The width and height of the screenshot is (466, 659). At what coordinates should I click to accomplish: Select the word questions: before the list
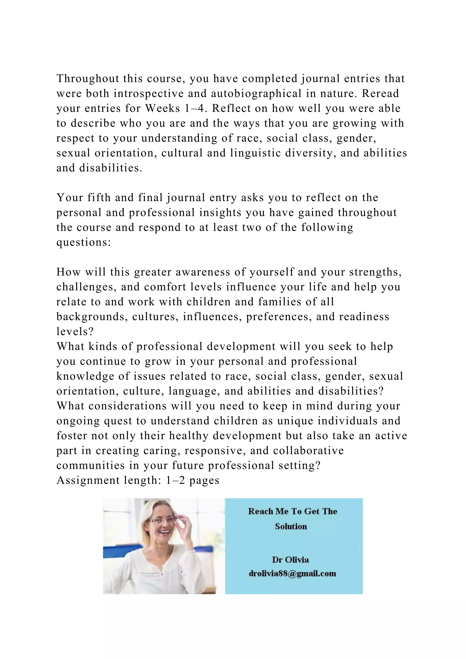click(x=84, y=243)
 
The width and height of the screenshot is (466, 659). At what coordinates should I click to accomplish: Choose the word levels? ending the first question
click(x=75, y=332)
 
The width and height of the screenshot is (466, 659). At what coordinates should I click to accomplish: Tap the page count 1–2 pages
click(x=192, y=480)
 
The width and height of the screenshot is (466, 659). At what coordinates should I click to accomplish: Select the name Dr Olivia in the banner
click(x=290, y=560)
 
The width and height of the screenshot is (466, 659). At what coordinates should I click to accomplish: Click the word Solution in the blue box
click(x=291, y=526)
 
